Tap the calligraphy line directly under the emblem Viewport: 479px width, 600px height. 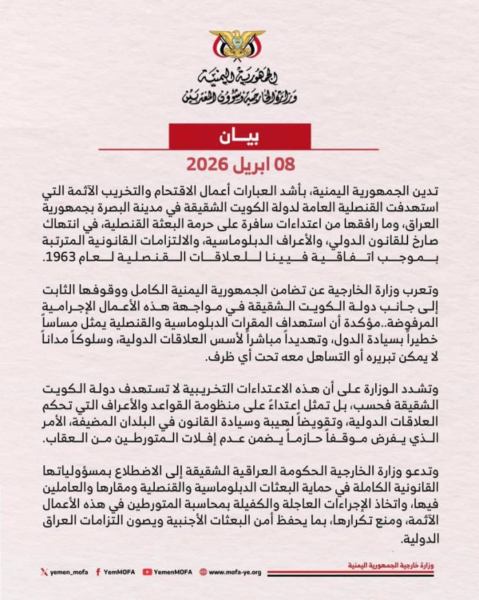pos(239,76)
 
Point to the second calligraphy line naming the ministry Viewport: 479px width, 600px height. pos(239,96)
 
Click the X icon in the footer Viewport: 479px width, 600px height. pos(44,570)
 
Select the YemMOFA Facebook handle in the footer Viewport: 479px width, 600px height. pos(119,570)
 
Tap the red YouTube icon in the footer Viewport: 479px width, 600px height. pos(147,570)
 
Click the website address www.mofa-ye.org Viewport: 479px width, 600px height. pos(234,570)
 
